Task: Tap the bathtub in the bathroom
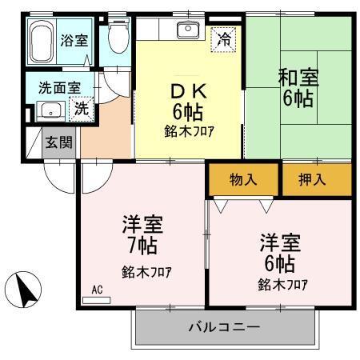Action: click(x=42, y=44)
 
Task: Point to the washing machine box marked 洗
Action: click(x=81, y=110)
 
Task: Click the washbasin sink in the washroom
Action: click(x=51, y=110)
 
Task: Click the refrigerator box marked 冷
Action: click(x=225, y=38)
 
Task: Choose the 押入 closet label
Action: click(x=316, y=179)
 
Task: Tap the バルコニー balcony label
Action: click(x=224, y=328)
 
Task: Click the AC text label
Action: click(x=97, y=289)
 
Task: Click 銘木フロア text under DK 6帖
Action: click(x=190, y=130)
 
